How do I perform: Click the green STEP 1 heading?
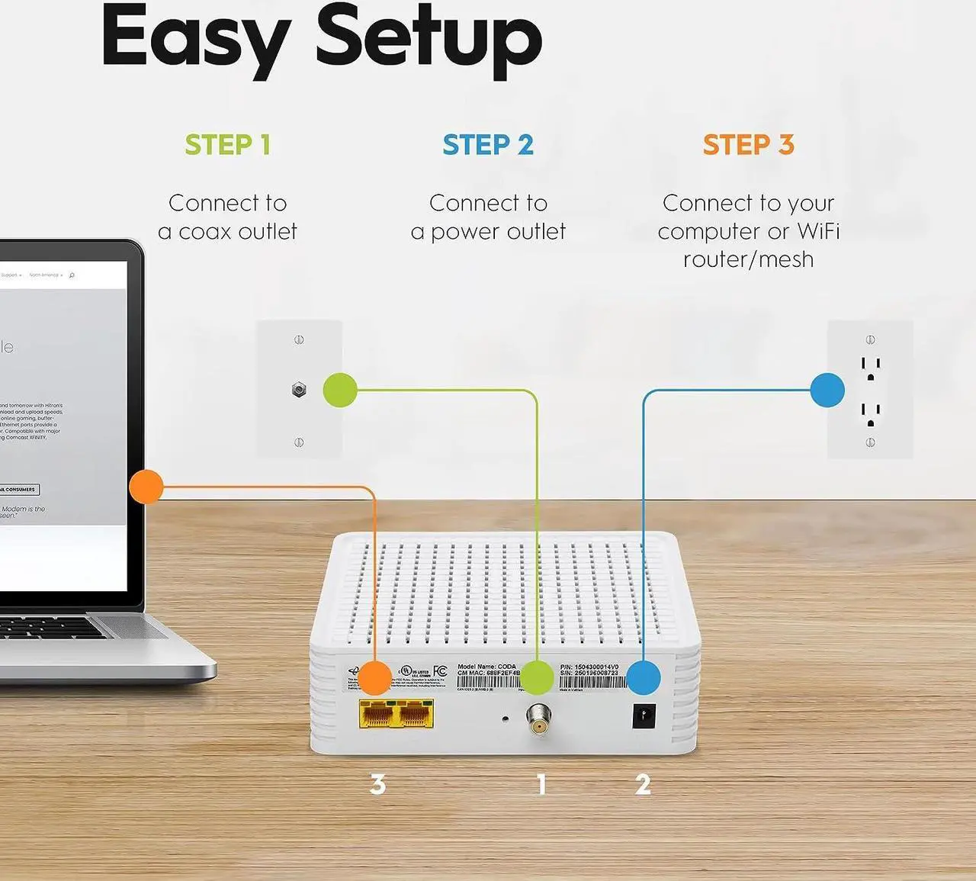click(227, 145)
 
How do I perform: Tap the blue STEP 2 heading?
click(488, 145)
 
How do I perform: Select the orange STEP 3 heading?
click(748, 145)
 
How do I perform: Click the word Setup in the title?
click(429, 37)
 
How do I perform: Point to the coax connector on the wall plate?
click(299, 391)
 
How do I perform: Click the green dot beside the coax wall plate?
click(340, 390)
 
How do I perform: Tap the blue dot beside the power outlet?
click(827, 390)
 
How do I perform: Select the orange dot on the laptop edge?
click(146, 487)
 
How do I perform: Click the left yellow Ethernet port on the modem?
click(377, 715)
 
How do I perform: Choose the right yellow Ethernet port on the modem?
click(415, 715)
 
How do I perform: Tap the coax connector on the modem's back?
click(538, 719)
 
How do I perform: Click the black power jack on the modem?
click(644, 716)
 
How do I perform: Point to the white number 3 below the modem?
click(377, 784)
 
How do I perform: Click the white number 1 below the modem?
click(541, 784)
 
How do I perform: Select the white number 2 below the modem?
click(643, 784)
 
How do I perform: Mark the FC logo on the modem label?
click(440, 671)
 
